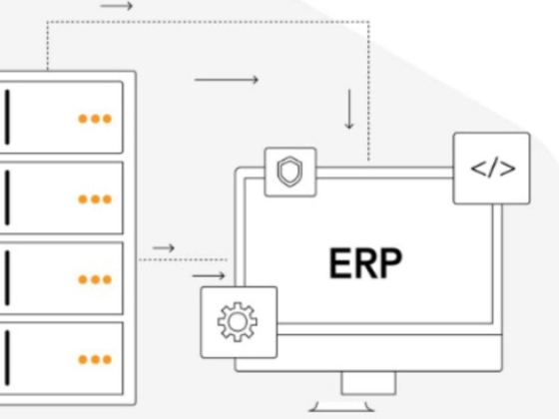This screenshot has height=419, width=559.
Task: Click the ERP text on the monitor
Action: [365, 263]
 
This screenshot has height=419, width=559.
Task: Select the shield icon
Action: [289, 172]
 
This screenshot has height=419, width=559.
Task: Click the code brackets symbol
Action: [493, 169]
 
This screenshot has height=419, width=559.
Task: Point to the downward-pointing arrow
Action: [349, 109]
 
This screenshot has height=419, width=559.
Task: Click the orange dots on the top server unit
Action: [95, 119]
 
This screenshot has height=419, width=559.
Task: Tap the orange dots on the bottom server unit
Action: [95, 359]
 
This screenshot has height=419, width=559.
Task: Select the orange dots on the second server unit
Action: [95, 200]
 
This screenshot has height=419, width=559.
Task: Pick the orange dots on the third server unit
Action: [95, 279]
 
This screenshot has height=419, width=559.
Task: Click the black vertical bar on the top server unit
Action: [7, 118]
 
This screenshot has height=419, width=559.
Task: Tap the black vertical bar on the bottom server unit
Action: [7, 358]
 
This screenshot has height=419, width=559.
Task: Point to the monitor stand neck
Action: [368, 383]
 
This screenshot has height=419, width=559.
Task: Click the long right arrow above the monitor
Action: [227, 80]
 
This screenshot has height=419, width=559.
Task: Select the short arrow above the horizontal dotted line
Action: [164, 247]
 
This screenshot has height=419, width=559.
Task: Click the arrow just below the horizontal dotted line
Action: [209, 275]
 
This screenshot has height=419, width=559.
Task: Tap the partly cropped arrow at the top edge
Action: [117, 6]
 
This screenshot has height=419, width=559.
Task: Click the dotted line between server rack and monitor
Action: [183, 259]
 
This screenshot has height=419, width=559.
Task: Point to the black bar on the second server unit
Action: [7, 198]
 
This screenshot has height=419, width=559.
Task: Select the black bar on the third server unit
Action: [7, 278]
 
